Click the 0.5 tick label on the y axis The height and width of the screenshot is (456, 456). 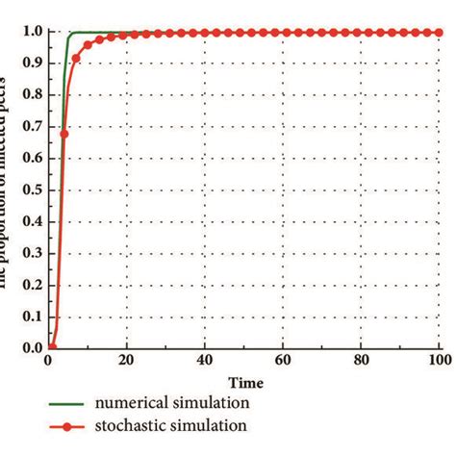tap(31, 190)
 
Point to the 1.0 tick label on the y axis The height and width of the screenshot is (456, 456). tap(31, 32)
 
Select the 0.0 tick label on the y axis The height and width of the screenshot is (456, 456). tap(31, 347)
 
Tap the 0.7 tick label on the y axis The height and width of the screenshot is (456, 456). tap(31, 126)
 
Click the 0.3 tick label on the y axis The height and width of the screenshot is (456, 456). tap(31, 253)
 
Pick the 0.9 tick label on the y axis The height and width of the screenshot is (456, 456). tap(31, 63)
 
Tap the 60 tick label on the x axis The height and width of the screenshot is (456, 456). tap(283, 362)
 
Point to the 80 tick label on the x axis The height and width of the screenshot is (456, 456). tap(362, 362)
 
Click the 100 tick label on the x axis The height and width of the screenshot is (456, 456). tap(438, 362)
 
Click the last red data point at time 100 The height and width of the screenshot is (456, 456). tap(440, 33)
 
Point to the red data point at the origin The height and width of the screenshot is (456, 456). tap(53, 347)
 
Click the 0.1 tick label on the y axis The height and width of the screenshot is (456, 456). tap(31, 316)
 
